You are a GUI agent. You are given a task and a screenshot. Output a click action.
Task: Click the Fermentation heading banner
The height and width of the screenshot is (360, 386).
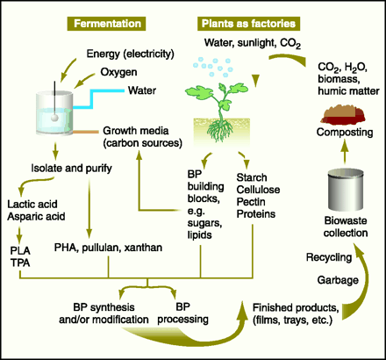[106, 24]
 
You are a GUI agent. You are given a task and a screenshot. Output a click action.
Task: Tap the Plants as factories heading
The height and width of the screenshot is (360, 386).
[248, 24]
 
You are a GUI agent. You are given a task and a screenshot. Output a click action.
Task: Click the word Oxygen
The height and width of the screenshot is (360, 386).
[118, 72]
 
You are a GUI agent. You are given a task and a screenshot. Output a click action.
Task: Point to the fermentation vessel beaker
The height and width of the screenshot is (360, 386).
[54, 113]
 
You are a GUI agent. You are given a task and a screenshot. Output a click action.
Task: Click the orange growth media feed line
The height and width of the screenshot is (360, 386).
[85, 133]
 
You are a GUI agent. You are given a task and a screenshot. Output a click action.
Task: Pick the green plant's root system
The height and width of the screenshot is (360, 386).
[220, 130]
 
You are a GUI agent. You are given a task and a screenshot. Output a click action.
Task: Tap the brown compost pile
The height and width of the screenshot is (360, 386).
[343, 115]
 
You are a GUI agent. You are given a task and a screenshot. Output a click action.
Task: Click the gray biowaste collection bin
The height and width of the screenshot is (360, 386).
[345, 190]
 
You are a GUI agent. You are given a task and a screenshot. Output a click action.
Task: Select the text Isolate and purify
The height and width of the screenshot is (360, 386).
[71, 169]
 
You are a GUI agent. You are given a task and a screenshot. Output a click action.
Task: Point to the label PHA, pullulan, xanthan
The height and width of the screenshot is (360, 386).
[108, 248]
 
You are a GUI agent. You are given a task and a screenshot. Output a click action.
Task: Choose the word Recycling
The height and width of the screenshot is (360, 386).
[329, 257]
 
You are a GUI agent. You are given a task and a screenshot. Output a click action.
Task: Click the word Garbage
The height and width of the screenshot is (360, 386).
[338, 280]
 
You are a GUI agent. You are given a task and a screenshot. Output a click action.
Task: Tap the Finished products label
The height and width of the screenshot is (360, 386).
[296, 313]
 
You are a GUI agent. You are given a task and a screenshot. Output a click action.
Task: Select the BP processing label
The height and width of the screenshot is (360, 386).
[182, 313]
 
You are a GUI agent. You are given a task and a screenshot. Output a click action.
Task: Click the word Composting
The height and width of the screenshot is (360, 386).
[345, 132]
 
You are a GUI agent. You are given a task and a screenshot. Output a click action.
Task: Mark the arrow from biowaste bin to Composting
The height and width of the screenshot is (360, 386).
[345, 152]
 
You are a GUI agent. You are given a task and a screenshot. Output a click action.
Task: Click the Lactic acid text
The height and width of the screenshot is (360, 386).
[32, 204]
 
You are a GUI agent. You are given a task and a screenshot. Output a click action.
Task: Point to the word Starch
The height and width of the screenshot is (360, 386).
[252, 177]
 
